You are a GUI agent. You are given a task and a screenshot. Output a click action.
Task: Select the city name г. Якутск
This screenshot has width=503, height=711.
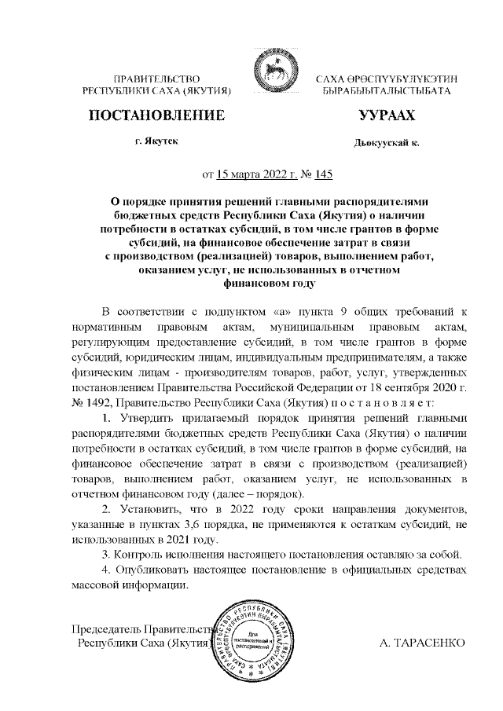pyautogui.click(x=156, y=142)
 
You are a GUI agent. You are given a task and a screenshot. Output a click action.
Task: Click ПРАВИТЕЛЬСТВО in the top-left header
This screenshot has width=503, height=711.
pyautogui.click(x=156, y=79)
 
